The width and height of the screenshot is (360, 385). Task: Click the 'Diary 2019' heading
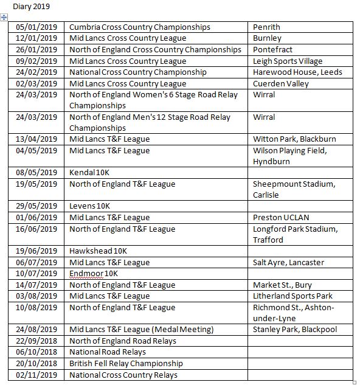click(32, 7)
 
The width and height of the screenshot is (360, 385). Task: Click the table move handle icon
click(4, 18)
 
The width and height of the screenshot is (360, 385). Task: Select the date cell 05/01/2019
click(36, 27)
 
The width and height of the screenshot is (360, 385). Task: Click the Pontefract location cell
click(273, 50)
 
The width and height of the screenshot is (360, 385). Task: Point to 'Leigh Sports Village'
click(288, 61)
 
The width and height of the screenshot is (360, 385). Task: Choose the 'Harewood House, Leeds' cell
click(297, 72)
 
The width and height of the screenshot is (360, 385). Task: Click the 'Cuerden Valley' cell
click(281, 83)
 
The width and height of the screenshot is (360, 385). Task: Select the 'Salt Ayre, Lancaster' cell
click(288, 263)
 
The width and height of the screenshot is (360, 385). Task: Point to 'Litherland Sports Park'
click(292, 296)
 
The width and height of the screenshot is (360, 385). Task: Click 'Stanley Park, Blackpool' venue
click(294, 330)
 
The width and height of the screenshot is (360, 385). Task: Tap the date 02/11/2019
click(36, 375)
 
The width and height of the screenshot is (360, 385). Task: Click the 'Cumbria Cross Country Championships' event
click(140, 27)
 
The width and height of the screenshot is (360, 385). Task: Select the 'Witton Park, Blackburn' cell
click(294, 139)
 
